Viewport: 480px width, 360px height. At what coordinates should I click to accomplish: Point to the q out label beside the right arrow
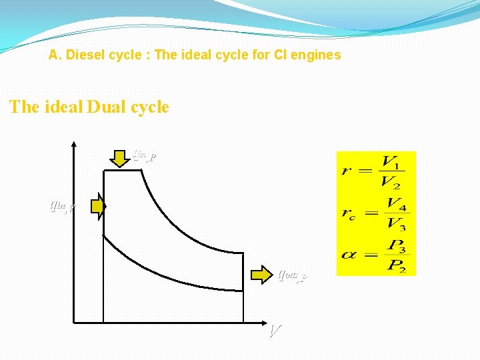pos(291,275)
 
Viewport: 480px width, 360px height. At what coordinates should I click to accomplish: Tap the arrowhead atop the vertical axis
pos(73,145)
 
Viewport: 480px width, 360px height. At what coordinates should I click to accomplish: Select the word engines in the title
pos(316,55)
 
